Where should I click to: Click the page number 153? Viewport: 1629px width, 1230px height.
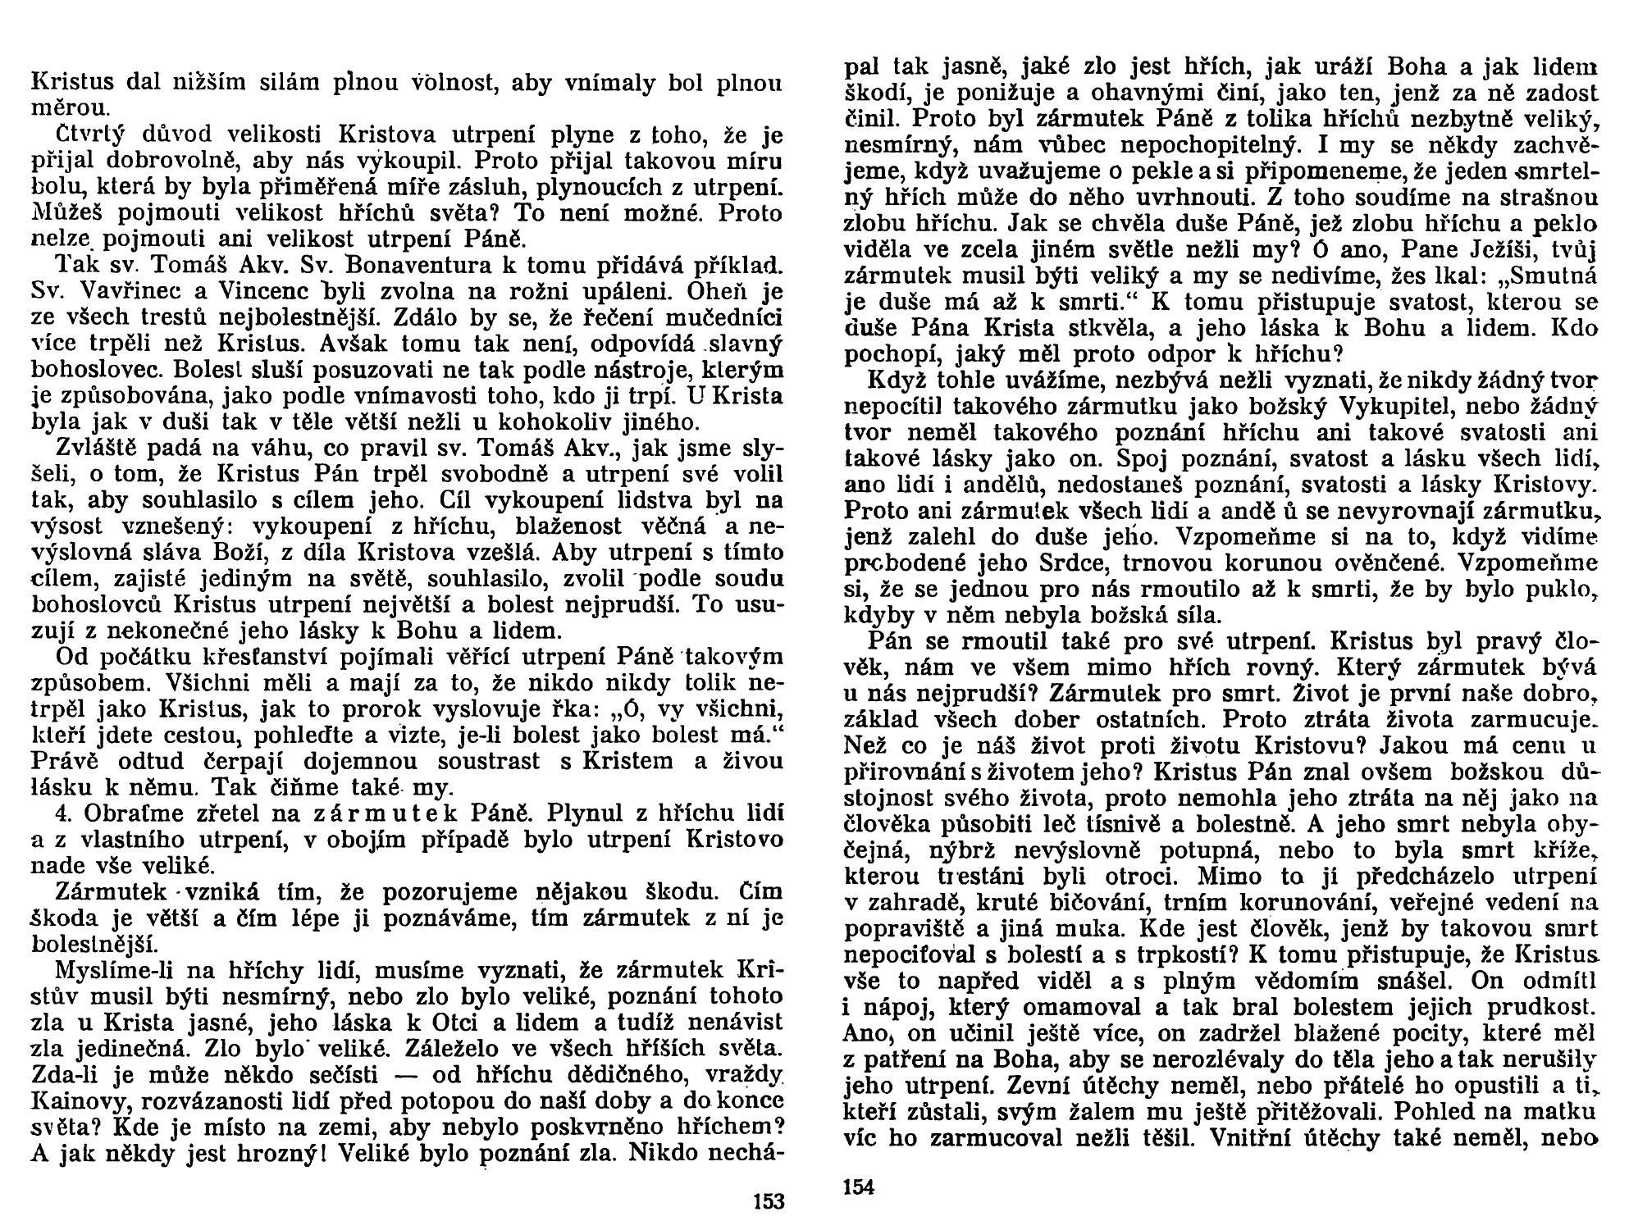pyautogui.click(x=768, y=1202)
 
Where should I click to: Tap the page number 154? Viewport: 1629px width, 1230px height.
pyautogui.click(x=859, y=1187)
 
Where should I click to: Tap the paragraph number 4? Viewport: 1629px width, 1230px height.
pyautogui.click(x=61, y=814)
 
